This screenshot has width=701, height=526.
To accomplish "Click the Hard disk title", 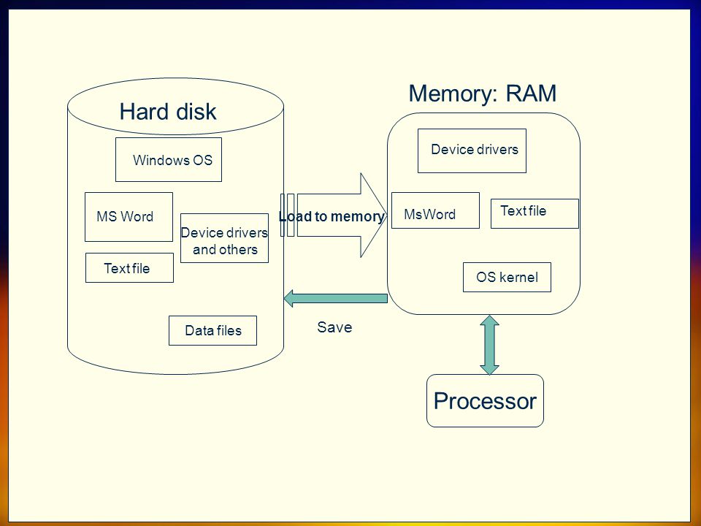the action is click(168, 111).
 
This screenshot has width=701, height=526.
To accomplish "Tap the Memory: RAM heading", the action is click(483, 94).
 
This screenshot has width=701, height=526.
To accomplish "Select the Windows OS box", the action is click(169, 160).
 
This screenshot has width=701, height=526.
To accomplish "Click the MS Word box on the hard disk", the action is click(129, 217).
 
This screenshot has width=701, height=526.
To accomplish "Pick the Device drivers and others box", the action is click(224, 238).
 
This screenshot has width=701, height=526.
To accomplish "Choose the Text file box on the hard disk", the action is click(130, 268).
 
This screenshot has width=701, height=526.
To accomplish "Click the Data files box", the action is click(212, 330).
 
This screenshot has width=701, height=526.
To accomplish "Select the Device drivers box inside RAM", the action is click(472, 150).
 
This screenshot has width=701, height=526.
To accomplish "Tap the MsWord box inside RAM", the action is click(435, 210).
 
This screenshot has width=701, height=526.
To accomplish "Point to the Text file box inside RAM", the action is click(535, 213).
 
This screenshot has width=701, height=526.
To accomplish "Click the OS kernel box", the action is click(507, 278).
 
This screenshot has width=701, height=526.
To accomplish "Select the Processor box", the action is click(485, 401).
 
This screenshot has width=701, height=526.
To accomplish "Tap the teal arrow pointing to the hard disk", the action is click(336, 298).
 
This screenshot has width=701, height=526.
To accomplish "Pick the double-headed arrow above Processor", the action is click(489, 345).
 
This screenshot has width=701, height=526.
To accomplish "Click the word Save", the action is click(334, 327).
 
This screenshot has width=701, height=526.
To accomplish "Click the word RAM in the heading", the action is click(531, 94).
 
